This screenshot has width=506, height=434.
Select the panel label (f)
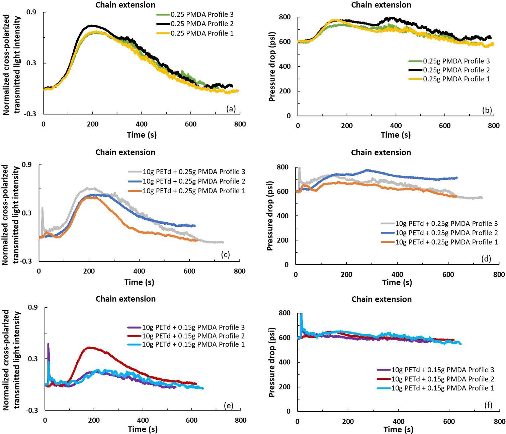(x=488, y=405)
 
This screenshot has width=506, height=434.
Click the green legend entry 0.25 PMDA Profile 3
(x=202, y=14)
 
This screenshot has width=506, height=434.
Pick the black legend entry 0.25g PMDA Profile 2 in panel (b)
(x=456, y=70)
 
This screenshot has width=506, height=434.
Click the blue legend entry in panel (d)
(x=446, y=233)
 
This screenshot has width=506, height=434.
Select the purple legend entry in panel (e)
(x=193, y=327)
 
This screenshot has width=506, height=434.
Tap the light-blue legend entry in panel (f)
(x=442, y=388)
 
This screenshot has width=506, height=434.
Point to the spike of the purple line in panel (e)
(x=48, y=344)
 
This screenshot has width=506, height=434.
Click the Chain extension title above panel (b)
(x=381, y=5)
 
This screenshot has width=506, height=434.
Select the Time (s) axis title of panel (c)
(x=139, y=282)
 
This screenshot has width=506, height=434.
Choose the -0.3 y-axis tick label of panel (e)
(x=32, y=410)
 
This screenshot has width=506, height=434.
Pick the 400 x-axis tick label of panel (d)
(x=397, y=274)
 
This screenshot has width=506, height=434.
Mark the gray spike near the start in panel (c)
(x=42, y=208)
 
